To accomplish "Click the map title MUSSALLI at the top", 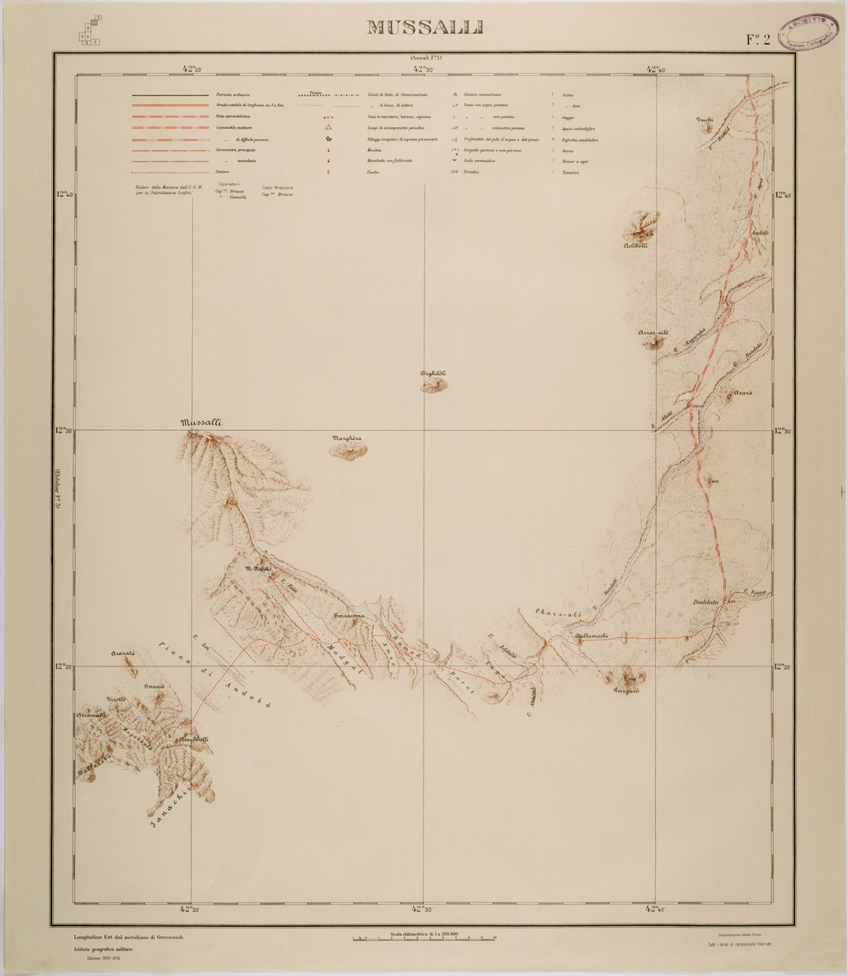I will pos(424,27).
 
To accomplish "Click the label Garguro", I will pos(626,691).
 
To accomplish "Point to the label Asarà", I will pos(742,393).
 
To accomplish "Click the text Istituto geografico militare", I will pos(113,950).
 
